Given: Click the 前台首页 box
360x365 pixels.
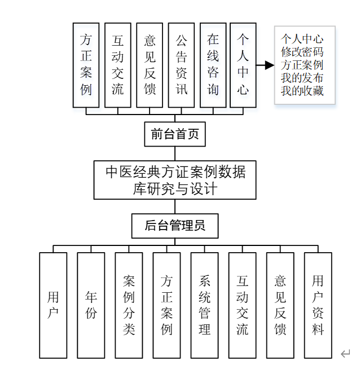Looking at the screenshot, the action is pos(174,134).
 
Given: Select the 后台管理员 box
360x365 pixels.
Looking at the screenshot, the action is pos(174,226).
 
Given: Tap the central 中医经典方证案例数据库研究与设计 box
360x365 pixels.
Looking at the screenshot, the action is pos(174,179).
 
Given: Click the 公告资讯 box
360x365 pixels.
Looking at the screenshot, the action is pos(181,65).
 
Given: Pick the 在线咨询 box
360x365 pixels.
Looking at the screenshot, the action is pos(213,65).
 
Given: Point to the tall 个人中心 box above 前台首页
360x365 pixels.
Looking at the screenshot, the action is pos(243,65).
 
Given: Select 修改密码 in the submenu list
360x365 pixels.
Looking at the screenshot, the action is pos(302,52).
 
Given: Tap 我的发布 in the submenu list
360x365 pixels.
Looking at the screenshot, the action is pos(302,78).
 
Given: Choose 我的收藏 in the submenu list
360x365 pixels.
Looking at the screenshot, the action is pos(302,90).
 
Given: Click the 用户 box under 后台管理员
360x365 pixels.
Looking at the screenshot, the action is pos(53,305).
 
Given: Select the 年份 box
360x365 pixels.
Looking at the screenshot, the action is pos(91,305).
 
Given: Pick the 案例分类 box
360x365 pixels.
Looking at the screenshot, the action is pos(129,305).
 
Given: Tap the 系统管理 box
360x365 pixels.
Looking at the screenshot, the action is pos(204,305).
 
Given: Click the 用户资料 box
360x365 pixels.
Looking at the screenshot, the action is pos(318,305).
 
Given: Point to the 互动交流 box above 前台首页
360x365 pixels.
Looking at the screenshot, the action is pos(117,65).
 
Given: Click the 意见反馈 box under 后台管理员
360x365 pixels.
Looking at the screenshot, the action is pos(280,305).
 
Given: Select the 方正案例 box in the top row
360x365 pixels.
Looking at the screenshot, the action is pos(86,65).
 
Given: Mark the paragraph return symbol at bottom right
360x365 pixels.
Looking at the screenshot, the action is pos(345,354).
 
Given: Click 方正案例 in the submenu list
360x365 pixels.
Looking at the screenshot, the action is pos(302,65).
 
